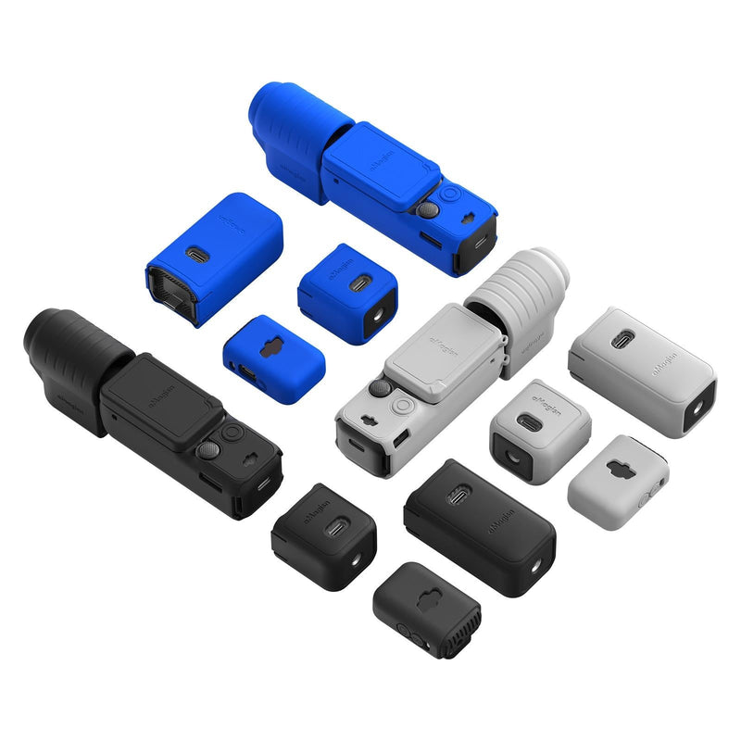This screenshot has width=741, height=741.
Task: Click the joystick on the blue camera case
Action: pos(427,210)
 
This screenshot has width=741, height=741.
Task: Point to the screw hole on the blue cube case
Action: pos(380,316)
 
